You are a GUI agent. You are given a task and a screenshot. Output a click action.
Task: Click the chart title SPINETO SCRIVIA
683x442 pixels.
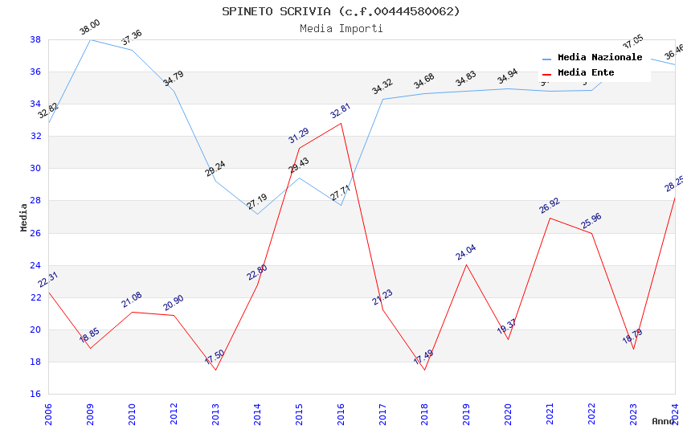[x=341, y=11]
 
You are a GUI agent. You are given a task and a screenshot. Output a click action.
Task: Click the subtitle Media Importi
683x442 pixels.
[x=341, y=28]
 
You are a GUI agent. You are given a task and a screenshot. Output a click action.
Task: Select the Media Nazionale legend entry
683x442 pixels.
[x=599, y=57]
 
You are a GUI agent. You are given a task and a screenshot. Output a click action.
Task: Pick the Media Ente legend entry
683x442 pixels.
[x=586, y=72]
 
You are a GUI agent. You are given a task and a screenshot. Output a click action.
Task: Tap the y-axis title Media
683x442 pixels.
[x=23, y=217]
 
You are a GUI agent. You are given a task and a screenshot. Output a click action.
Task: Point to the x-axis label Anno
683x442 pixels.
[x=663, y=421]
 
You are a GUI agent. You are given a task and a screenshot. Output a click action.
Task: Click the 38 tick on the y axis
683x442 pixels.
[x=35, y=39]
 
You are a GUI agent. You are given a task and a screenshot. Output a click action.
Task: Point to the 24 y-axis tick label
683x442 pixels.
[x=35, y=265]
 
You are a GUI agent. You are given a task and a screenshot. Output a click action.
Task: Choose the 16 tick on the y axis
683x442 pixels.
[x=35, y=394]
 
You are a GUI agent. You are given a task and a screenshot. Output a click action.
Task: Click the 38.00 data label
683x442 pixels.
[x=89, y=28]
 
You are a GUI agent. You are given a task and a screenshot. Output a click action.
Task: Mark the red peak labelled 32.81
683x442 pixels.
[x=341, y=123]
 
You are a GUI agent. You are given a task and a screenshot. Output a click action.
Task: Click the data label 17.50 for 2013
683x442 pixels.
[x=215, y=358]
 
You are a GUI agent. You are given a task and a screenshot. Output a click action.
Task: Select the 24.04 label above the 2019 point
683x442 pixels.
[x=466, y=252]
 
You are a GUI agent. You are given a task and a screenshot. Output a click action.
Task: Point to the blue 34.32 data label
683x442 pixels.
[x=382, y=87]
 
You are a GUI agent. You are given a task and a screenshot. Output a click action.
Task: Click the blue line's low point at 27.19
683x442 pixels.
[x=257, y=214]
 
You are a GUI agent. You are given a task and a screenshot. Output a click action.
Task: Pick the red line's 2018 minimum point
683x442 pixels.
[x=424, y=370]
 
